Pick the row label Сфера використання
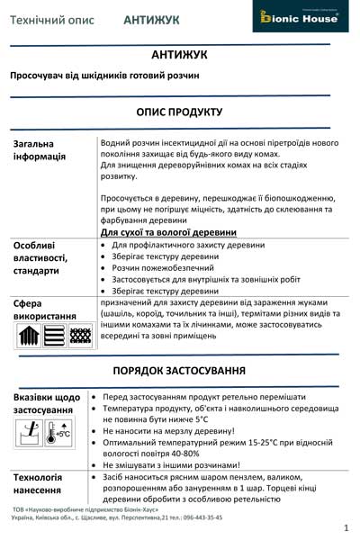(41, 310)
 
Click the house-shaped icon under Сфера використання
(28, 336)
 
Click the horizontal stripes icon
(54, 336)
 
